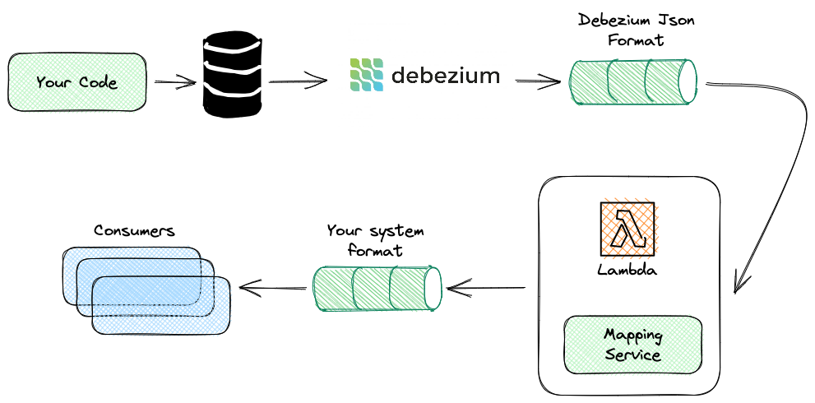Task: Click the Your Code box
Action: pos(77,82)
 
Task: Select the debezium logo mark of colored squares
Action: pos(367,75)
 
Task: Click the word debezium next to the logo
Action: pos(446,76)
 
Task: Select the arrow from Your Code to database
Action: pos(174,82)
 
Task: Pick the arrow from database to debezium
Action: pos(297,81)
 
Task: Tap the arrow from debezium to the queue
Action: pos(538,81)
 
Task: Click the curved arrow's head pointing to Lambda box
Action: pos(740,284)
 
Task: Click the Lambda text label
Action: pos(628,269)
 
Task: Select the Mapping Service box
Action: pos(632,345)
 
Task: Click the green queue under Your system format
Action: pos(378,287)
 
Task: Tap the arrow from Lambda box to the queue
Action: pos(485,287)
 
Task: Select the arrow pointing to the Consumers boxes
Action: pos(272,287)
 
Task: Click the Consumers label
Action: pos(134,231)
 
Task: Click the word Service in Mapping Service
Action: pos(632,355)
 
